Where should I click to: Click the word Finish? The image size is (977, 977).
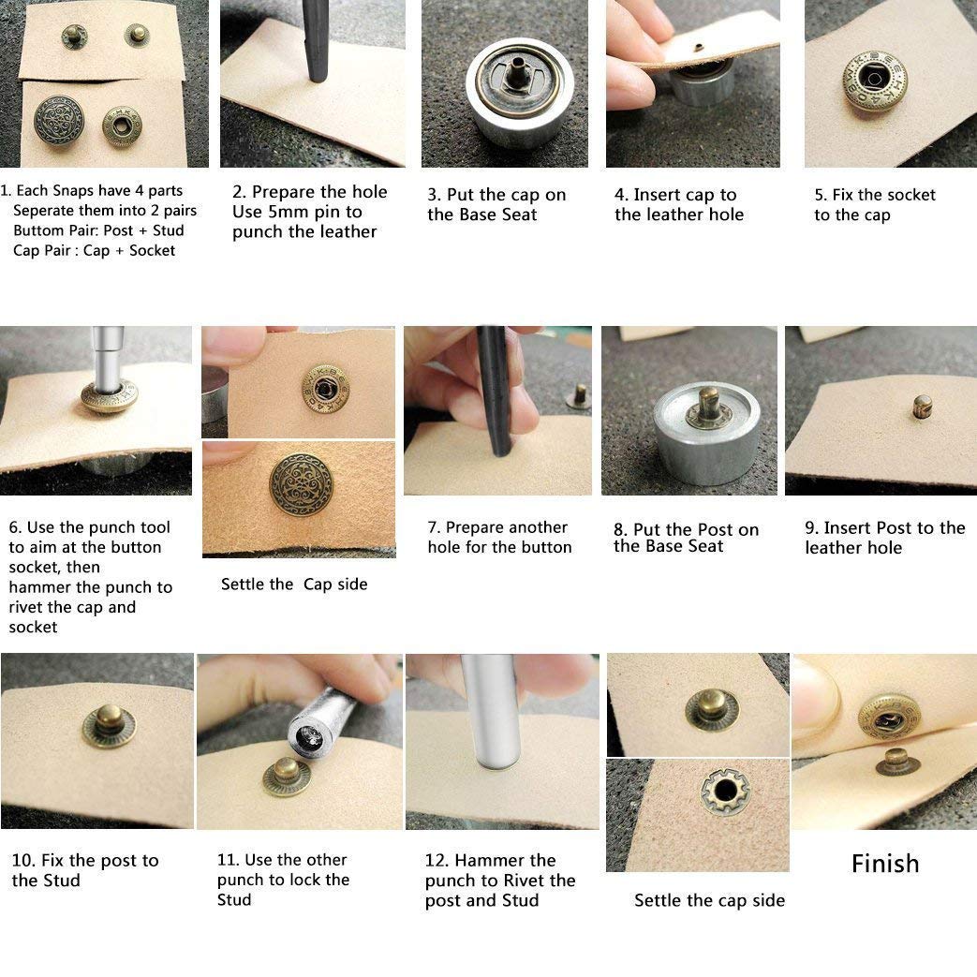click(x=885, y=864)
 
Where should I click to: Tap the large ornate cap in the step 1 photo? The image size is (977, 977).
click(x=59, y=122)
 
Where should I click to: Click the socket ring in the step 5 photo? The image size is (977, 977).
click(x=875, y=79)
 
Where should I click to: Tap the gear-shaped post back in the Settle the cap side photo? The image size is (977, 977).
click(x=725, y=792)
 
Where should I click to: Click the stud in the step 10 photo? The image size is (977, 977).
click(x=109, y=726)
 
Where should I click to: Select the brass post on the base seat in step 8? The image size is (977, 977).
click(x=708, y=404)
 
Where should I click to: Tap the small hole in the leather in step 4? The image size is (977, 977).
click(x=699, y=46)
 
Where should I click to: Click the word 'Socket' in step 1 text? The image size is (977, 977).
click(x=152, y=250)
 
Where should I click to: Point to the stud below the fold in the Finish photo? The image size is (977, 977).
click(x=897, y=762)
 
